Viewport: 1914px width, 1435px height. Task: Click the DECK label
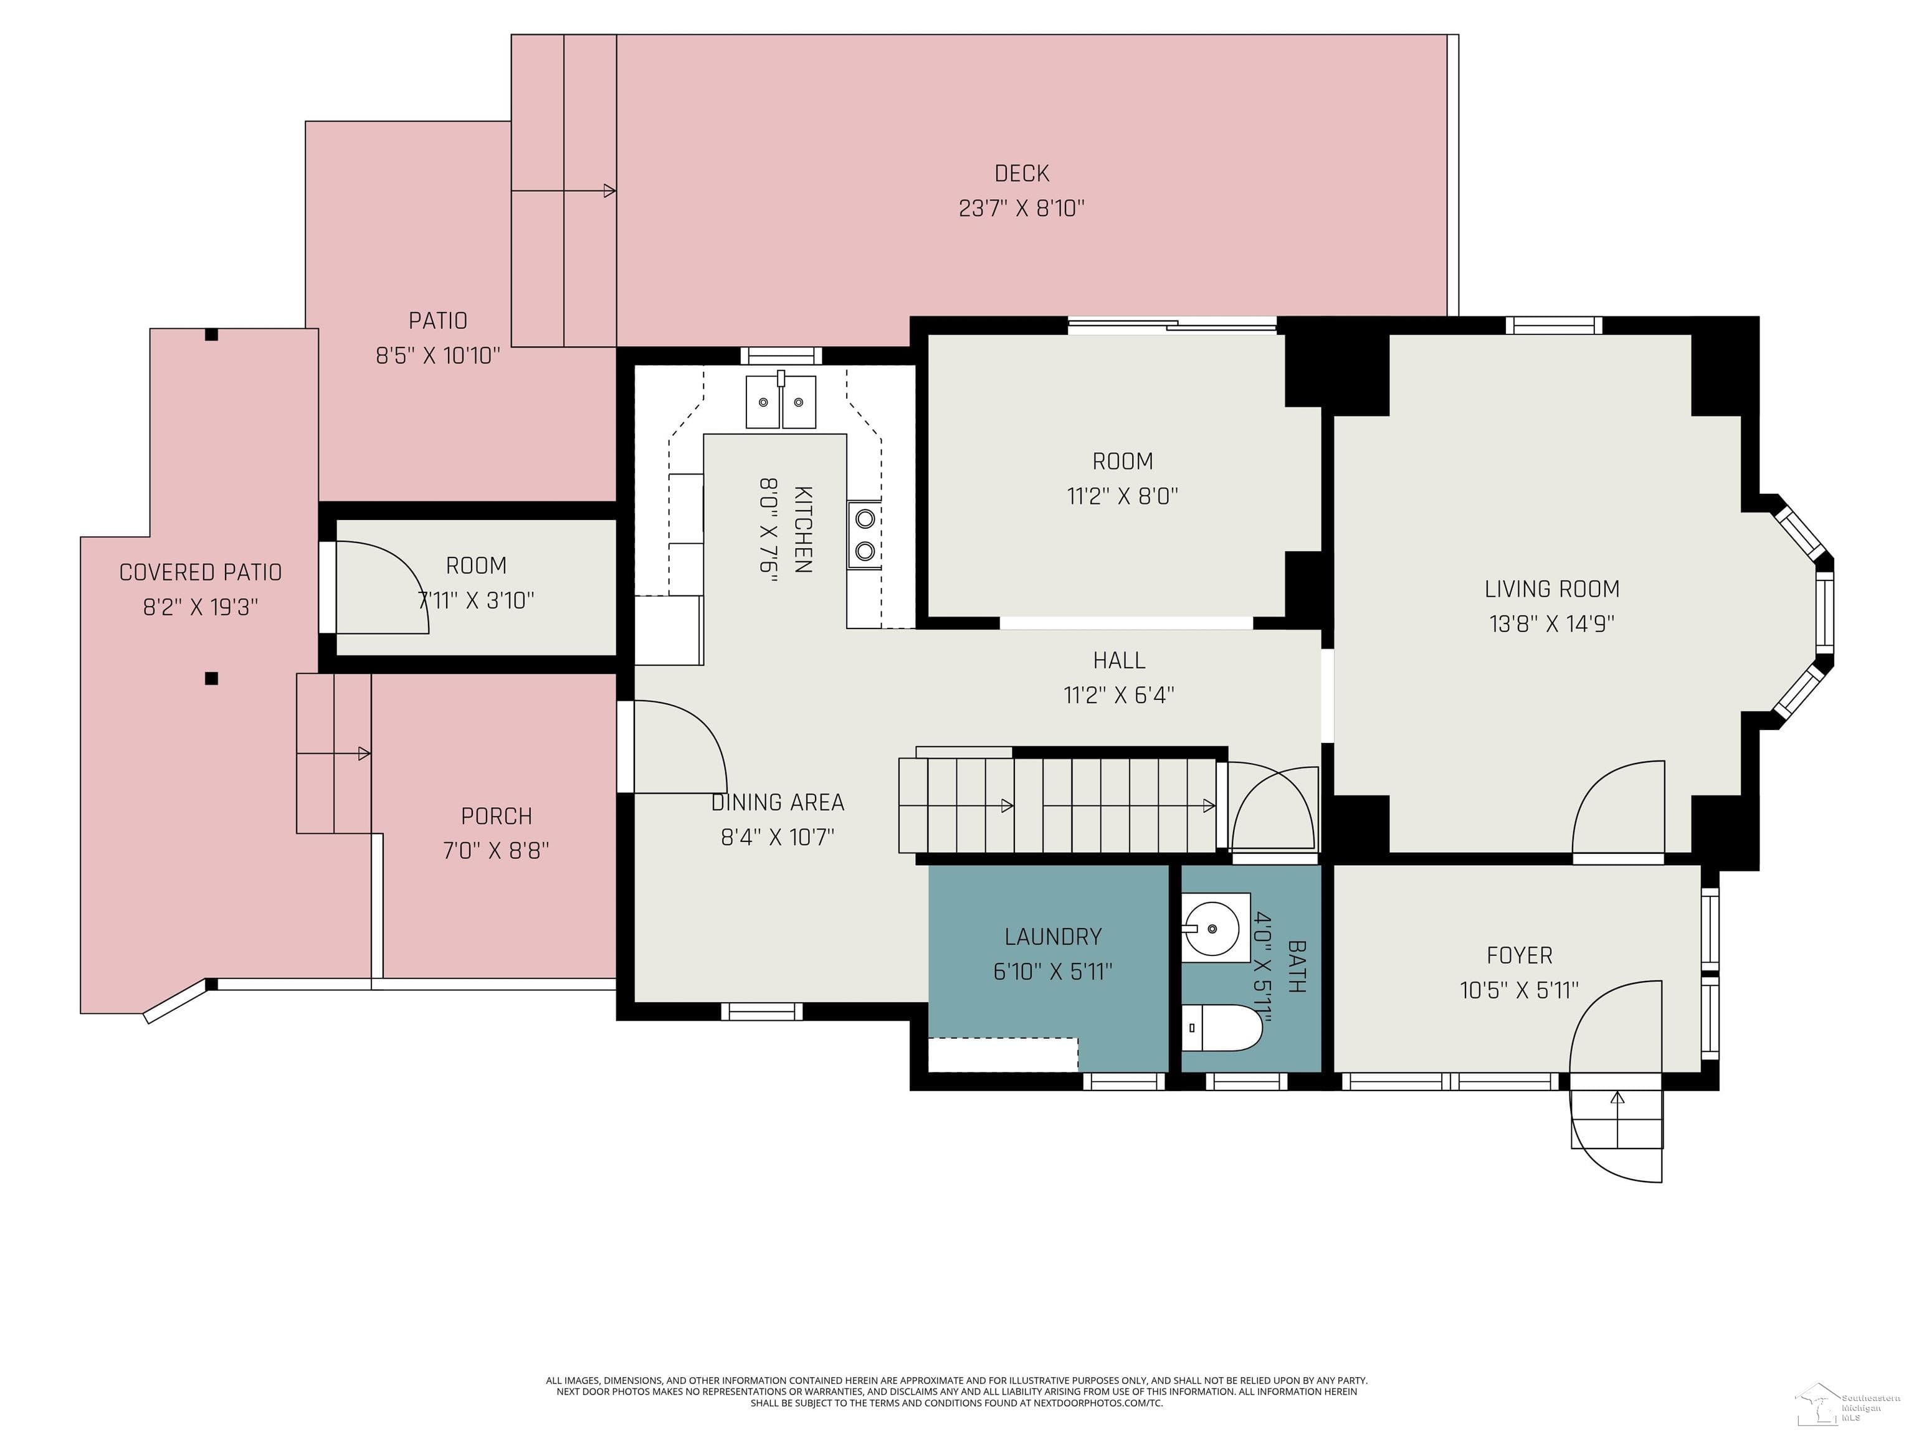pyautogui.click(x=1021, y=174)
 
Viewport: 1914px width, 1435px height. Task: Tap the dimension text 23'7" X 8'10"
pyautogui.click(x=1021, y=209)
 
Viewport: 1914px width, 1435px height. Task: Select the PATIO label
pyautogui.click(x=438, y=321)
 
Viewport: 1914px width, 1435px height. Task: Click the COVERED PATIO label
pyautogui.click(x=200, y=572)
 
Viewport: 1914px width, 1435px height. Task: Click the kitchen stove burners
pyautogui.click(x=864, y=534)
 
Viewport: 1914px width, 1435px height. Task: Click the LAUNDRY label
pyautogui.click(x=1052, y=937)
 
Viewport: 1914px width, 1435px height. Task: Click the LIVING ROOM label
pyautogui.click(x=1551, y=589)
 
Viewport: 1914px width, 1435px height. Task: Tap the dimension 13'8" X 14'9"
pyautogui.click(x=1551, y=623)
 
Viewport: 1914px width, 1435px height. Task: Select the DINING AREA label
pyautogui.click(x=777, y=803)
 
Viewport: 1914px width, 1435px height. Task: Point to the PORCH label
pyautogui.click(x=496, y=816)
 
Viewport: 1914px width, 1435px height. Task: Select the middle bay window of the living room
pyautogui.click(x=1824, y=614)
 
